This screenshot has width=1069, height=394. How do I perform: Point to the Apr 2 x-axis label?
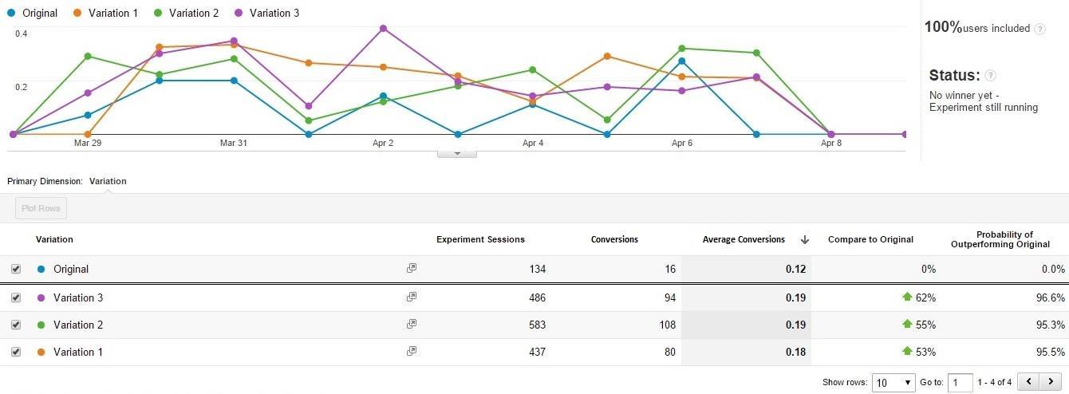click(x=383, y=144)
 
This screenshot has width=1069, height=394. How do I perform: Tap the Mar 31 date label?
click(x=233, y=144)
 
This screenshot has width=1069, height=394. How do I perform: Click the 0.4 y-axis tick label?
click(x=21, y=33)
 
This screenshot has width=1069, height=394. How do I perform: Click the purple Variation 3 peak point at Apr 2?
click(x=383, y=29)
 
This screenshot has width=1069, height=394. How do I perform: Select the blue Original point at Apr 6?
click(x=681, y=61)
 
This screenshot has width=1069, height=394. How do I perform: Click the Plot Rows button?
click(x=41, y=208)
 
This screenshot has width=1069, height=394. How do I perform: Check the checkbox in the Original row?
click(x=16, y=270)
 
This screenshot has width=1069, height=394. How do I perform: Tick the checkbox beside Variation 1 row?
click(x=16, y=352)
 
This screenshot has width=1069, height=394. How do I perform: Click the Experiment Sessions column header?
click(x=480, y=239)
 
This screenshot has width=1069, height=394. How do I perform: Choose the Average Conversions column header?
click(x=744, y=239)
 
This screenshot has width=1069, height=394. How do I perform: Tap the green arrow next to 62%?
click(x=907, y=297)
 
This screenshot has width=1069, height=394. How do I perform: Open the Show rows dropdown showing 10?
click(x=893, y=382)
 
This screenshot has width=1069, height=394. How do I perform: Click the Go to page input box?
click(x=961, y=382)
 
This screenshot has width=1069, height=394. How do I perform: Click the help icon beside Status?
click(x=990, y=76)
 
